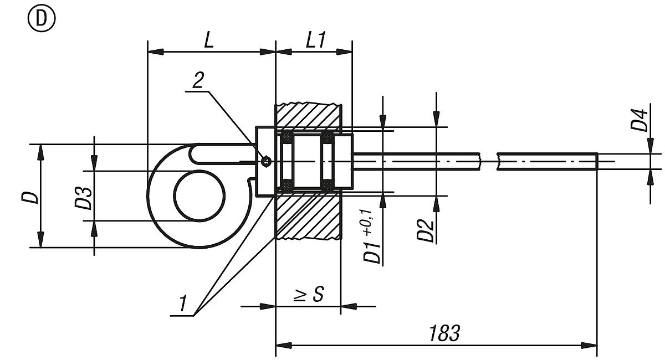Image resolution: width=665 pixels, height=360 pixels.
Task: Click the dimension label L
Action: (208, 40)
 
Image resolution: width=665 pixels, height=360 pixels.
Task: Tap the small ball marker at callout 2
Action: (267, 161)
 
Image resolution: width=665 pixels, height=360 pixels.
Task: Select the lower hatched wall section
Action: (308, 216)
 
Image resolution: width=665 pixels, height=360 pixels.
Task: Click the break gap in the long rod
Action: (489, 161)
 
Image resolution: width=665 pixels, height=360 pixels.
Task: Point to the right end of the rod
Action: (596, 161)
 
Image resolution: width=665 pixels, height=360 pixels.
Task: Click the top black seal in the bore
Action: (288, 136)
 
